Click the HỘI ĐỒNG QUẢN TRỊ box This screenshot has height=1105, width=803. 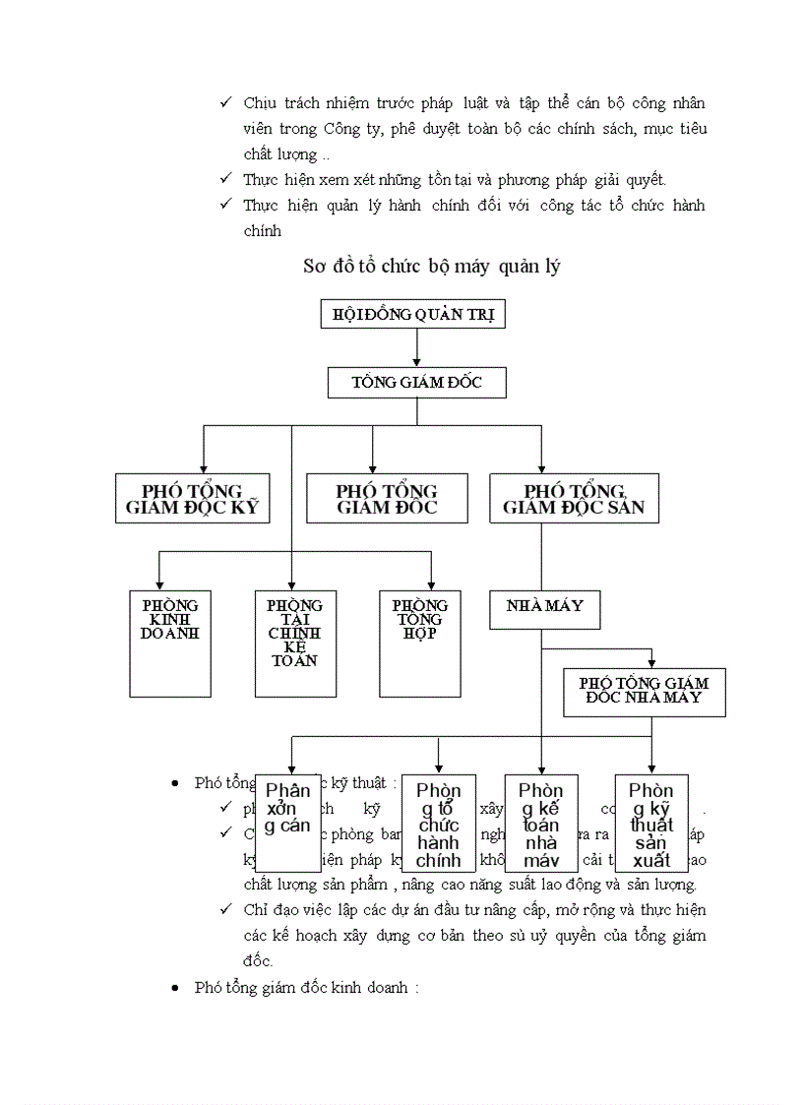pos(413,315)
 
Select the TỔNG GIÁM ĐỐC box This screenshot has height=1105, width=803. pos(416,382)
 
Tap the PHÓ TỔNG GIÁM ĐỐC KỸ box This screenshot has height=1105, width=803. pos(192,498)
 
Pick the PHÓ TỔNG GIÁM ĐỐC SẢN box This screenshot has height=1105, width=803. pos(574,498)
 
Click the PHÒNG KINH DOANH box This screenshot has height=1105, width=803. pos(169,644)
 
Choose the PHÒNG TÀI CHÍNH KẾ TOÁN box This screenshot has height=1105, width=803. pos(294,644)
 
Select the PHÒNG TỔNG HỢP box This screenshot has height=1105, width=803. pos(420,644)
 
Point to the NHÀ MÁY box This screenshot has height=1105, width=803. pos(544,609)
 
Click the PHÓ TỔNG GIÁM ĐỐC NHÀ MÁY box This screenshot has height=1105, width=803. pos(644,691)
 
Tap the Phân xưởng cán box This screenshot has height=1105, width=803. pos(287,823)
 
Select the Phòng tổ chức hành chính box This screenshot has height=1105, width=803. pos(438,823)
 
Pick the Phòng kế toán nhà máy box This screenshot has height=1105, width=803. pos(540,823)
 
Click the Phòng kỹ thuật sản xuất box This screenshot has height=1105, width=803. pos(650,823)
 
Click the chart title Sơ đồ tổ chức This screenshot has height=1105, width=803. pos(432,267)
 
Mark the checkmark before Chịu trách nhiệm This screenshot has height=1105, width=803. pos(225,102)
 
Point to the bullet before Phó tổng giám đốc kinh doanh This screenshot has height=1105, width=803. pos(174,988)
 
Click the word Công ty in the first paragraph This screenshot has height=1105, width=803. pos(343,129)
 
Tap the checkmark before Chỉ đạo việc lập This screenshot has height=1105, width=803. pos(225,910)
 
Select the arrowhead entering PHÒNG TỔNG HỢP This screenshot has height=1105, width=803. pos(430,583)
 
